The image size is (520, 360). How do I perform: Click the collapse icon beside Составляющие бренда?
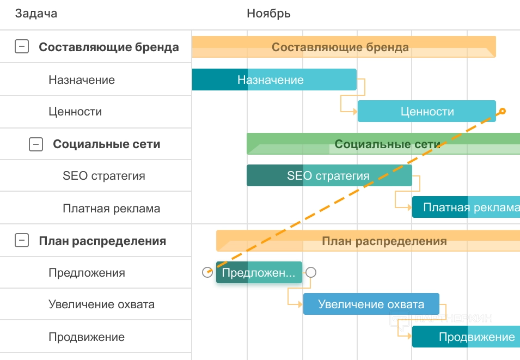pos(21,47)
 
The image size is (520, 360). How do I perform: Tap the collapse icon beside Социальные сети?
pos(35,144)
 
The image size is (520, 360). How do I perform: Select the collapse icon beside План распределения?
pos(21,240)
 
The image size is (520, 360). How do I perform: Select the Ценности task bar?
pos(426,111)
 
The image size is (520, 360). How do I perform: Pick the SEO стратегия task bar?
pos(328,175)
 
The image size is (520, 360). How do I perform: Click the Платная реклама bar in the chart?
pos(466,207)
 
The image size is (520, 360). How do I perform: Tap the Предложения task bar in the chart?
pos(259,272)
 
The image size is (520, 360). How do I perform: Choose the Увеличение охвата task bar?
pos(371,304)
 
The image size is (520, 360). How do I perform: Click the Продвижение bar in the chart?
pos(466,337)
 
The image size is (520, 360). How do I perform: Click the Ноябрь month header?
pos(268,14)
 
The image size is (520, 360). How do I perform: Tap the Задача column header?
pos(36,14)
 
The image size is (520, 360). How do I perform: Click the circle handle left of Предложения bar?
pos(207,272)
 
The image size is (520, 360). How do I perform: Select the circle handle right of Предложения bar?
pos(311,272)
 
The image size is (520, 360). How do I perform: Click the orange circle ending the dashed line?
pos(503,111)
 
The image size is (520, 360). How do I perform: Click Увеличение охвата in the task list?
pos(101,304)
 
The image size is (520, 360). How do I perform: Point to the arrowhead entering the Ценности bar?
pos(355,111)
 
